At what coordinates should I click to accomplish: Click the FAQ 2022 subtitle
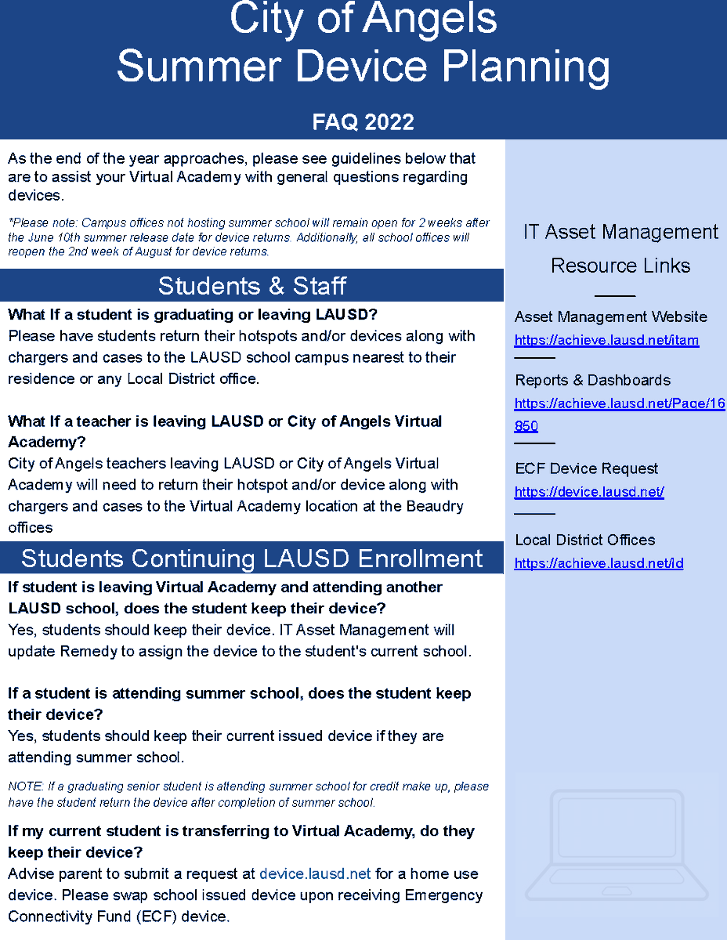[x=363, y=122]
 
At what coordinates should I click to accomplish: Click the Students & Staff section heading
[x=251, y=286]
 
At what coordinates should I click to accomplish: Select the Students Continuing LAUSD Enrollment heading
[x=251, y=559]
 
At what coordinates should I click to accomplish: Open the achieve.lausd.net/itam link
[x=606, y=340]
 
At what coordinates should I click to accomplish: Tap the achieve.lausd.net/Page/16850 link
[x=619, y=404]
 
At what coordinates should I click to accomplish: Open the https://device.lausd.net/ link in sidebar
[x=589, y=492]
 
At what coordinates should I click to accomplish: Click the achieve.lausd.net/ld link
[x=599, y=563]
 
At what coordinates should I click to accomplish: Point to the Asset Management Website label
[x=610, y=316]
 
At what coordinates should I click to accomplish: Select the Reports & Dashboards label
[x=592, y=380]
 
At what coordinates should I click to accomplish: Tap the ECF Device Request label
[x=586, y=468]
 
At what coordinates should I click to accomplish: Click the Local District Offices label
[x=584, y=540]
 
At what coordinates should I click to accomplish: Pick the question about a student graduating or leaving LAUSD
[x=193, y=315]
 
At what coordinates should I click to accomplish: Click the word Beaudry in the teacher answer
[x=435, y=506]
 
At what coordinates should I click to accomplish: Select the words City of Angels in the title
[x=363, y=19]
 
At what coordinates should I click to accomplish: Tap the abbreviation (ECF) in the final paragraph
[x=157, y=916]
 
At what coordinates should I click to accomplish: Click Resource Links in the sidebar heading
[x=620, y=266]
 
